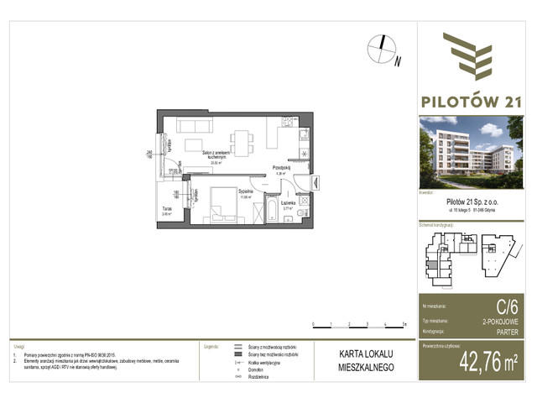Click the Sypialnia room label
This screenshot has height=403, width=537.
(222, 193)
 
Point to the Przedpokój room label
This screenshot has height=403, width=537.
(281, 167)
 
